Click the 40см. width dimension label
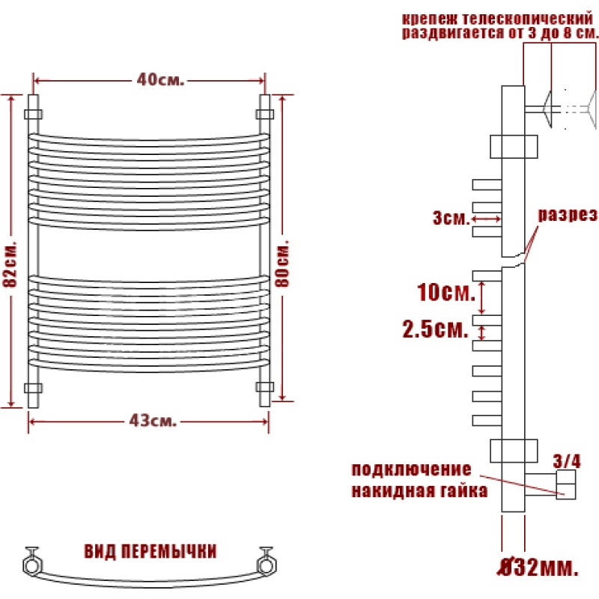160,79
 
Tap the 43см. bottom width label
153,421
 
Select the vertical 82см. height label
10,264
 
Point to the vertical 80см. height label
283,264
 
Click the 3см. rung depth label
451,218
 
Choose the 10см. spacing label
446,292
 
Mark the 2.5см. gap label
436,329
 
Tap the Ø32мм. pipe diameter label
538,568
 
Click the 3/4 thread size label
567,461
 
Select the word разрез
568,215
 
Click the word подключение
411,470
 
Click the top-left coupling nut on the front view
33,115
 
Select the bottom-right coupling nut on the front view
265,387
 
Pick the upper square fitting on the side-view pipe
514,146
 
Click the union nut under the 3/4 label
566,484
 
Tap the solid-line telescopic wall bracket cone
547,109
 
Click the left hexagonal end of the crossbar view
32,565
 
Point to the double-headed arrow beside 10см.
481,298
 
